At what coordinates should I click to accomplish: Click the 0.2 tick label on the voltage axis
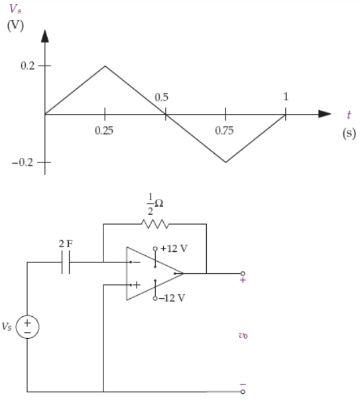click(27, 66)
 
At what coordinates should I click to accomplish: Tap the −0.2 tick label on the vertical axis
click(23, 162)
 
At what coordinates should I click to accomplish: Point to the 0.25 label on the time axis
click(104, 131)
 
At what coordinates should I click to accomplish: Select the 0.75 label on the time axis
click(224, 131)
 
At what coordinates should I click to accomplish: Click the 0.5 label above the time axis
click(162, 97)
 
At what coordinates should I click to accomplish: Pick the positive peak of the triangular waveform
click(105, 66)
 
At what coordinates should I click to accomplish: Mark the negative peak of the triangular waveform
click(225, 162)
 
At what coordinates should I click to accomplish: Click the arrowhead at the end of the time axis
click(325, 114)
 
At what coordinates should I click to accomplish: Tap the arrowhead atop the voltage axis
click(45, 36)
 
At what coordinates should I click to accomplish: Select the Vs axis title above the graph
click(15, 9)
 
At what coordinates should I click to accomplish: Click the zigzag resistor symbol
click(155, 224)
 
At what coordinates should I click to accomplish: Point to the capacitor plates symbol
click(66, 262)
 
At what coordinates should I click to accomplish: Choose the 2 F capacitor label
click(66, 244)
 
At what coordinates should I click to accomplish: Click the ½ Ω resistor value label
click(155, 204)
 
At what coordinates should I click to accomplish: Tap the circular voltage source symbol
click(27, 327)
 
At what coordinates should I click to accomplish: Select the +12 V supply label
click(174, 249)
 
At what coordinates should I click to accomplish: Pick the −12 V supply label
click(172, 298)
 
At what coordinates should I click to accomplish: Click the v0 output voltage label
click(243, 335)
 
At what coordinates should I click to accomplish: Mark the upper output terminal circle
click(243, 274)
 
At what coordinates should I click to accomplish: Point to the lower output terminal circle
click(243, 392)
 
